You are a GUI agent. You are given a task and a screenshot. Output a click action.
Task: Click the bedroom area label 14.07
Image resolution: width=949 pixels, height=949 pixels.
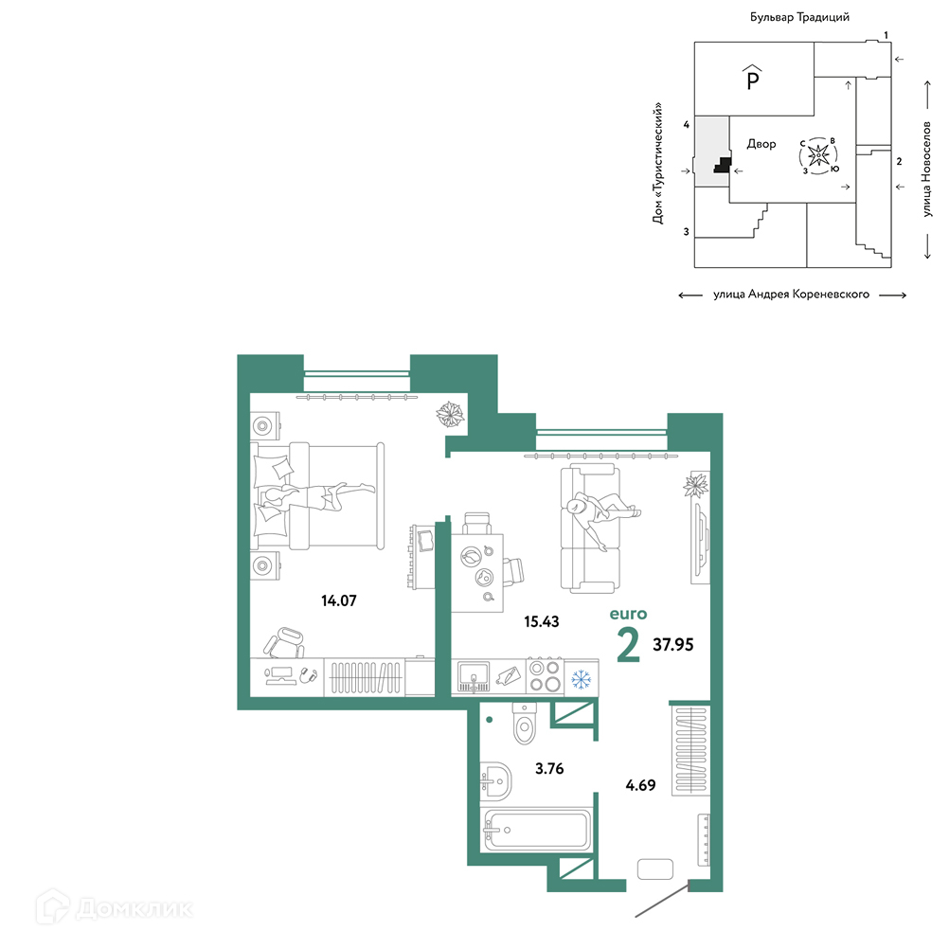[339, 600]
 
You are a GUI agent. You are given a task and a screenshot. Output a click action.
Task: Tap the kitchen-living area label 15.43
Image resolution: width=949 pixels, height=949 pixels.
[542, 621]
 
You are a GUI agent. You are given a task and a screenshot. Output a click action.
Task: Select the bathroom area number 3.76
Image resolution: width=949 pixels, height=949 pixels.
[549, 769]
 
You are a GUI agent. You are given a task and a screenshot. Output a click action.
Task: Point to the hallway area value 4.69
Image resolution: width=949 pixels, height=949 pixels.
[640, 785]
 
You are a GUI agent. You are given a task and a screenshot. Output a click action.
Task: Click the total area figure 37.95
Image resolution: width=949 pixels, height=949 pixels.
[673, 645]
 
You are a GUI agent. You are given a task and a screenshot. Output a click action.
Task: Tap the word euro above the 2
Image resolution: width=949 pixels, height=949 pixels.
[628, 614]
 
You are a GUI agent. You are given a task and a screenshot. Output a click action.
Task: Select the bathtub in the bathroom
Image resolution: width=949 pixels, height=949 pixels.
[536, 830]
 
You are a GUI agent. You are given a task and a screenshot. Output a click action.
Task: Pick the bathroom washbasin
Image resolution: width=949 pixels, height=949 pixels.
[495, 780]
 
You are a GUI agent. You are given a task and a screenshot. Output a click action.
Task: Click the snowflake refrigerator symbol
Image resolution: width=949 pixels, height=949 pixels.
[582, 678]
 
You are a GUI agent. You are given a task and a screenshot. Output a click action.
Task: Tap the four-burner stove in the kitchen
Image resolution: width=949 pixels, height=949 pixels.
[545, 676]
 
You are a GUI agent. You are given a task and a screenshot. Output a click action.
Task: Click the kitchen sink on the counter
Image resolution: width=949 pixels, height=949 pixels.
[474, 676]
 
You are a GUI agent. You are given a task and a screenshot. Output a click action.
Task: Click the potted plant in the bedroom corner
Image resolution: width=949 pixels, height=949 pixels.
[451, 415]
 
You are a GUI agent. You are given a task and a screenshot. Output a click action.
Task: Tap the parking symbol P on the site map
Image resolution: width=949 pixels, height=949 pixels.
[752, 78]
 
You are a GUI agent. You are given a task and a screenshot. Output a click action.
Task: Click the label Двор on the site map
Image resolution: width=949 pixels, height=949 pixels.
[761, 144]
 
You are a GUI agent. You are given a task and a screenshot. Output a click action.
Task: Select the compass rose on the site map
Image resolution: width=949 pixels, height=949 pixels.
[819, 155]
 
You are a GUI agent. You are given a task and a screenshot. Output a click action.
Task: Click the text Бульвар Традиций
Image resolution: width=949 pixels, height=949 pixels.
[799, 17]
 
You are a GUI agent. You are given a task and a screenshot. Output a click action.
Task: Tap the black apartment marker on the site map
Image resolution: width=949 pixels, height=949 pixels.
[724, 165]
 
